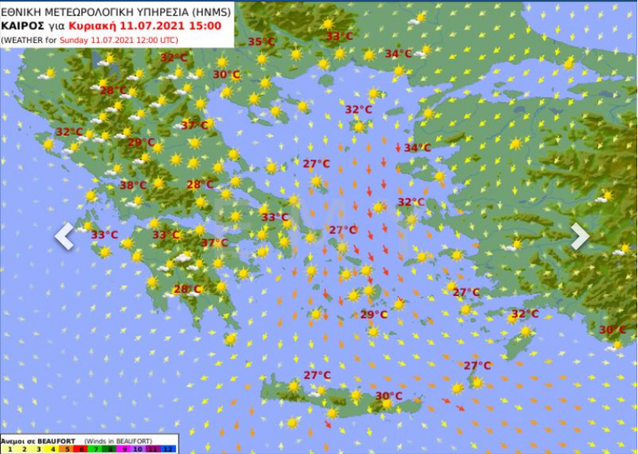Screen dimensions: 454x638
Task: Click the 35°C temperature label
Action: click(262, 41)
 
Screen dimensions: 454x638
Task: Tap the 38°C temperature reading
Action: click(133, 185)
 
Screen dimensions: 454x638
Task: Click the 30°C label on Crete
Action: click(389, 395)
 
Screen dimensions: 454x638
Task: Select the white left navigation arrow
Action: click(65, 236)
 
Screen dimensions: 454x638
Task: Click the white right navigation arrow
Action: click(579, 236)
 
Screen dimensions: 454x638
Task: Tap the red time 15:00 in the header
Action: click(213, 25)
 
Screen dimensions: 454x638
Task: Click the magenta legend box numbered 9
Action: click(125, 449)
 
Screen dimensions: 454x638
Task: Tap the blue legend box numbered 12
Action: click(169, 449)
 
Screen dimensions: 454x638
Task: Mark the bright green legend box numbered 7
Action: click(95, 449)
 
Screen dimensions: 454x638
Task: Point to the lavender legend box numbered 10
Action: click(139, 449)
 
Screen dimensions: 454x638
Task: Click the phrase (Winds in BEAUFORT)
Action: click(117, 441)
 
